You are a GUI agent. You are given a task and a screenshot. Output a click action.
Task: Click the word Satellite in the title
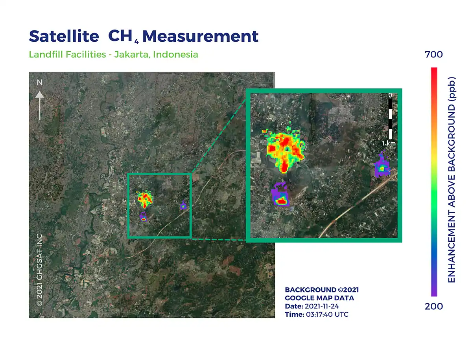coord(64,36)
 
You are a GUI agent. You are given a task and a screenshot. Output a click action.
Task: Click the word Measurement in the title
coord(200,36)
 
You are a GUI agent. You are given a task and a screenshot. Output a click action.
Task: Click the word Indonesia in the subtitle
coord(175,54)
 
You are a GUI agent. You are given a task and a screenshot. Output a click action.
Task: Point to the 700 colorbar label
coord(433,54)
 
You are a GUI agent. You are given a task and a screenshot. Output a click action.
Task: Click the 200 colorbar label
coord(433,306)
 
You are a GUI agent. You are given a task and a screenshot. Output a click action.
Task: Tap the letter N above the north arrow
coord(40,83)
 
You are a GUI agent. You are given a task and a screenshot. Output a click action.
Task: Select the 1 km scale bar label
coord(388,143)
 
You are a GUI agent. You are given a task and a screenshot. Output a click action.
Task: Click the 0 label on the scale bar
coord(390,95)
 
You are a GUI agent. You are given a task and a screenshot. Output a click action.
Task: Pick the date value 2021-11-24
coord(322,306)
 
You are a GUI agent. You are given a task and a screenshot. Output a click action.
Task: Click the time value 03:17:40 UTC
coord(327,314)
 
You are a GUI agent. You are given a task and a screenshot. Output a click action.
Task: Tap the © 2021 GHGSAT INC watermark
coord(40,270)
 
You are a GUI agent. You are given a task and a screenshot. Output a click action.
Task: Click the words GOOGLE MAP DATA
coord(319,298)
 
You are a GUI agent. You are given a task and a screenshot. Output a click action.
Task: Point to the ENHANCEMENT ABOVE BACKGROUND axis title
coord(452,180)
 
